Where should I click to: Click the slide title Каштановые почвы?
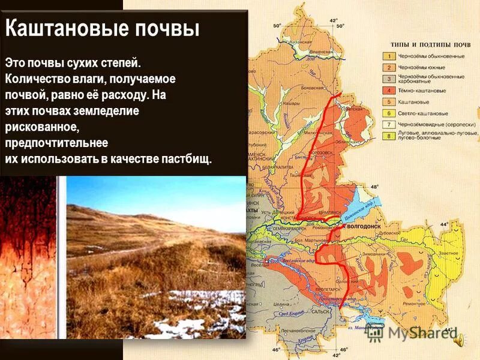click(x=102, y=28)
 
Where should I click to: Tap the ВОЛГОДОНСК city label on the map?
click(x=362, y=228)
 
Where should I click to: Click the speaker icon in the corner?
click(x=460, y=341)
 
